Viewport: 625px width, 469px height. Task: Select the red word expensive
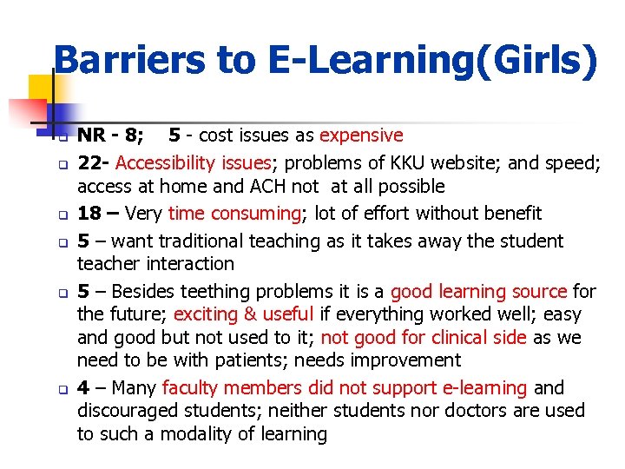(361, 135)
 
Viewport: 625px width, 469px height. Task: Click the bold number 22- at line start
(94, 162)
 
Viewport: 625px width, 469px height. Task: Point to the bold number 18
(89, 214)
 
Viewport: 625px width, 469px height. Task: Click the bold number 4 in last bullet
(83, 388)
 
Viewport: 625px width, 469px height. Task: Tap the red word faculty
(191, 388)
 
